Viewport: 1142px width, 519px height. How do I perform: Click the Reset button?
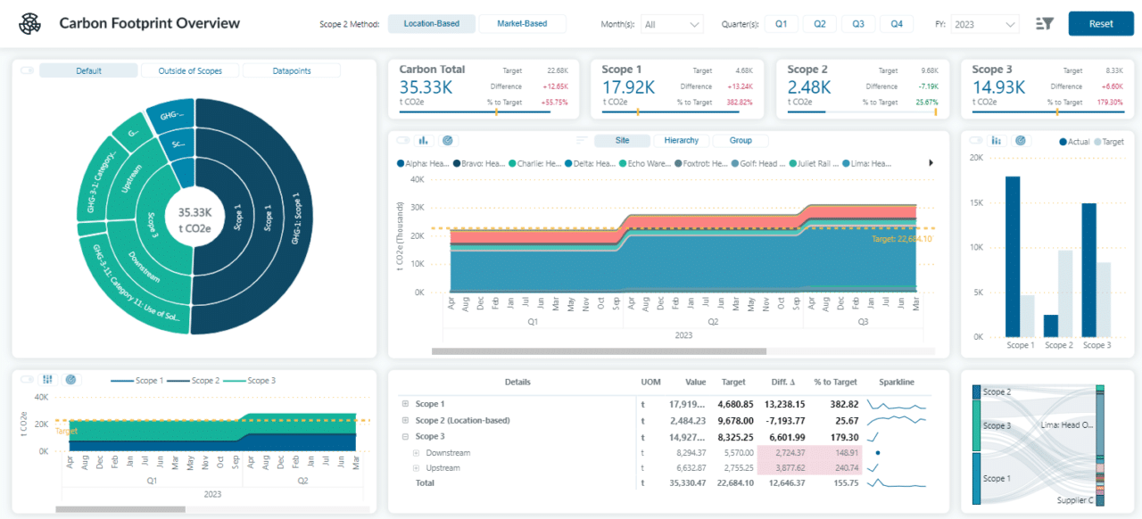point(1100,24)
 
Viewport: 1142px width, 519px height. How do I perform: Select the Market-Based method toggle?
point(522,24)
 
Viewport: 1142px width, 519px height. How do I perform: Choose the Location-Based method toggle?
point(432,24)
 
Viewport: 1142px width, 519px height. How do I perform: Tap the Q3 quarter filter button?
point(857,24)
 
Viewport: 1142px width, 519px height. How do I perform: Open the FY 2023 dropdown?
point(984,24)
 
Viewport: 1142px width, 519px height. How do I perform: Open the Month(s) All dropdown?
point(672,24)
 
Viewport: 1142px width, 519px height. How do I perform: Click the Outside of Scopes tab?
point(190,70)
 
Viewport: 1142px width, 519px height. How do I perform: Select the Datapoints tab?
point(292,70)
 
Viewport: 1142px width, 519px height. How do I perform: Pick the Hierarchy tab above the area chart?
point(682,140)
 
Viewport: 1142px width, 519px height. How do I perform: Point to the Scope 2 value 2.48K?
point(809,87)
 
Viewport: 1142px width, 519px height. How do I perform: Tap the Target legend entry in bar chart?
point(1108,142)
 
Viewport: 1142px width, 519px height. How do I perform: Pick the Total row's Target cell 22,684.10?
point(737,482)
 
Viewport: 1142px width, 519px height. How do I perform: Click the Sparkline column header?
point(896,382)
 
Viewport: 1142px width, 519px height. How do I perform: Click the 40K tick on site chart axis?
point(417,178)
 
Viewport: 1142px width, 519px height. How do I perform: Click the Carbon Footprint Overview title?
point(149,23)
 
